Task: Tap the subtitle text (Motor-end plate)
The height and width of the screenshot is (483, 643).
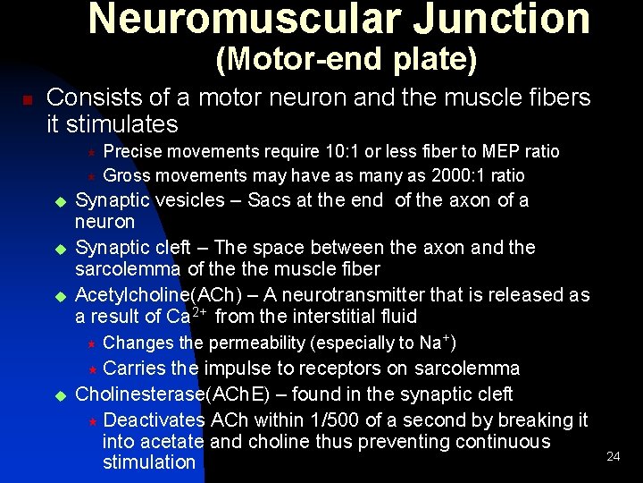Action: [347, 60]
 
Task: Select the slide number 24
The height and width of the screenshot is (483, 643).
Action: [613, 457]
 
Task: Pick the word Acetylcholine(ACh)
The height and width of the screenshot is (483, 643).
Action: [146, 295]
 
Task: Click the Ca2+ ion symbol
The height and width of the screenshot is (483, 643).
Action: [188, 316]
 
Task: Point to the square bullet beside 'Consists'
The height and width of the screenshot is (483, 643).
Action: [28, 99]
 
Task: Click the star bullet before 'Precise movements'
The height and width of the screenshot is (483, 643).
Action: [102, 153]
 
